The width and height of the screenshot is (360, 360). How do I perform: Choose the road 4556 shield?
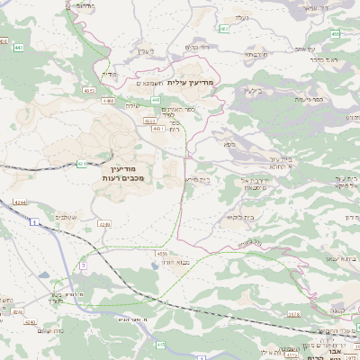pyautogui.click(x=162, y=255)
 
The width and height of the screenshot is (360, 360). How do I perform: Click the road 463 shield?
pyautogui.click(x=225, y=29)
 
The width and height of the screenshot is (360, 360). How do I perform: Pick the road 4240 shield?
pyautogui.click(x=30, y=321)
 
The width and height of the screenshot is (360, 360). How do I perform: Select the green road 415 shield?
pyautogui.click(x=161, y=344)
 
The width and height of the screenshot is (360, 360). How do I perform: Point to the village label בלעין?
pyautogui.click(x=252, y=91)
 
